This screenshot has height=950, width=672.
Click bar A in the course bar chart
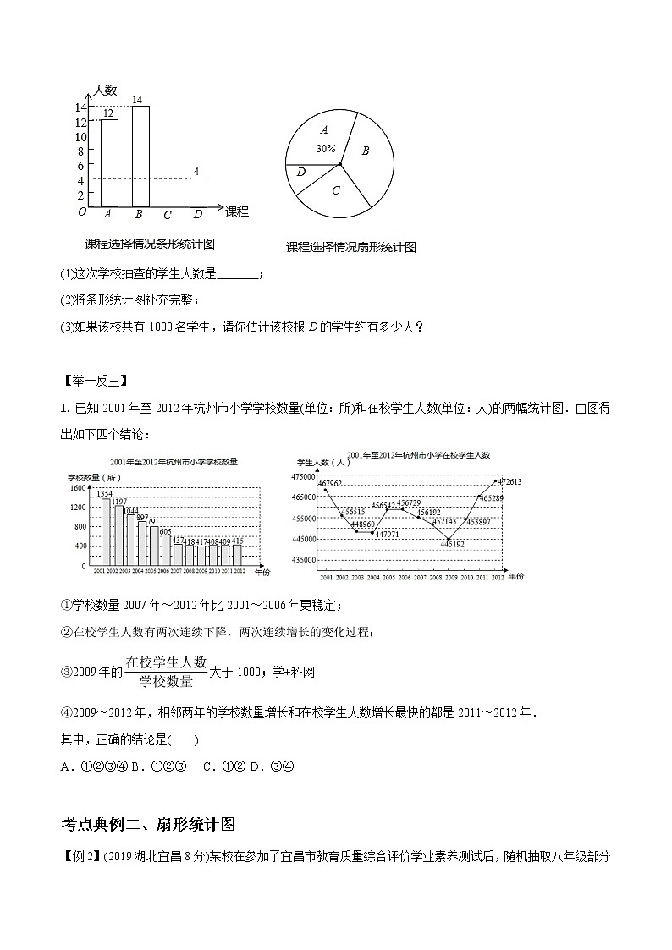click(109, 163)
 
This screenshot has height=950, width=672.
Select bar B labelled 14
click(140, 157)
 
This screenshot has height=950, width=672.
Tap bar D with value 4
click(197, 192)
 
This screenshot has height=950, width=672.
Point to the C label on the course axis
click(168, 215)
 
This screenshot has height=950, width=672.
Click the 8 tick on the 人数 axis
click(80, 151)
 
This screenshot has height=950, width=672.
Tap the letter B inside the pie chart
click(366, 151)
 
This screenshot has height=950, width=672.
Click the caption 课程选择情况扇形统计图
click(351, 247)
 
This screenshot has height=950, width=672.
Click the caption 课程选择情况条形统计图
click(150, 244)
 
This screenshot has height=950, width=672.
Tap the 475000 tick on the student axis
click(303, 476)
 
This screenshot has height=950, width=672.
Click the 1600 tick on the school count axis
click(77, 488)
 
